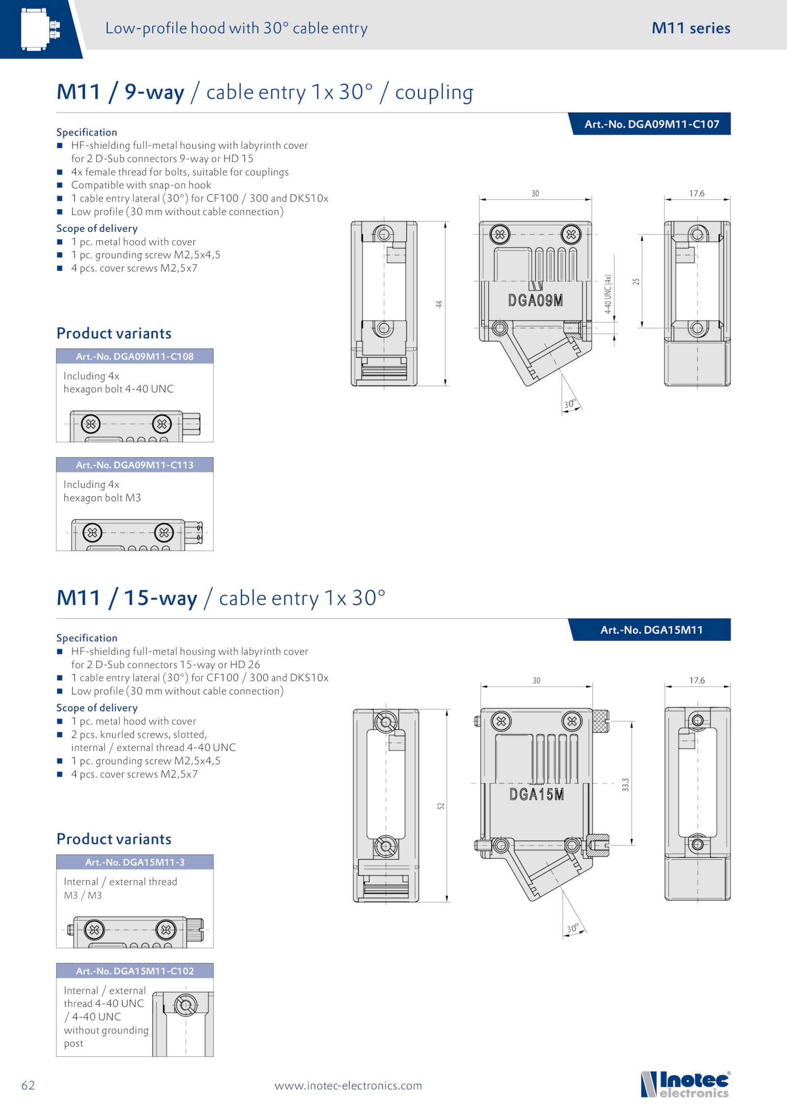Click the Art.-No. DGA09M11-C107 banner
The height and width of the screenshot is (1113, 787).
[x=651, y=124]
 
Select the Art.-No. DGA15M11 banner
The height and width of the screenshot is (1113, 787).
[x=651, y=630]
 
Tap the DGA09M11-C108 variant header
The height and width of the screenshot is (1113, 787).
[x=134, y=357]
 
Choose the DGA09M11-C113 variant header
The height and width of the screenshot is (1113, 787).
[x=134, y=465]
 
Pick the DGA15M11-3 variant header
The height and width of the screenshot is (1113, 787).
[x=134, y=862]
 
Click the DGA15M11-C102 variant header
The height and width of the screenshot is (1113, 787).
[x=134, y=971]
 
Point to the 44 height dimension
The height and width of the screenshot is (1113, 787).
[x=439, y=304]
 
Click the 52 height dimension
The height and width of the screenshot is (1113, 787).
[x=441, y=806]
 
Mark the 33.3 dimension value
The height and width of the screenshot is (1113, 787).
[x=625, y=784]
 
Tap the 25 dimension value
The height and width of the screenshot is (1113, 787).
[x=636, y=282]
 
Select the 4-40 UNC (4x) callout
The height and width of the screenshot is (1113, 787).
[x=608, y=294]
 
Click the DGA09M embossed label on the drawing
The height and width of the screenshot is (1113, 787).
[x=535, y=301]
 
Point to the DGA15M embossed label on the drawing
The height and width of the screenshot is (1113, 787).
[x=536, y=794]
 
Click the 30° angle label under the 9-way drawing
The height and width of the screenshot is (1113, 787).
[x=570, y=404]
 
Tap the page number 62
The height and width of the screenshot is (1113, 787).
[x=28, y=1085]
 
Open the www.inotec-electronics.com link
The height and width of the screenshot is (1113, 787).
[x=348, y=1085]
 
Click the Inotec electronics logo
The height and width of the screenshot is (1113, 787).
[x=686, y=1084]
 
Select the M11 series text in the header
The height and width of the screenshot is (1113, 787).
[x=691, y=28]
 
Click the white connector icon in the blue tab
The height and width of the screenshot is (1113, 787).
[x=40, y=29]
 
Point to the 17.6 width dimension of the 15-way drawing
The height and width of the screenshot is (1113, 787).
[x=697, y=681]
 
